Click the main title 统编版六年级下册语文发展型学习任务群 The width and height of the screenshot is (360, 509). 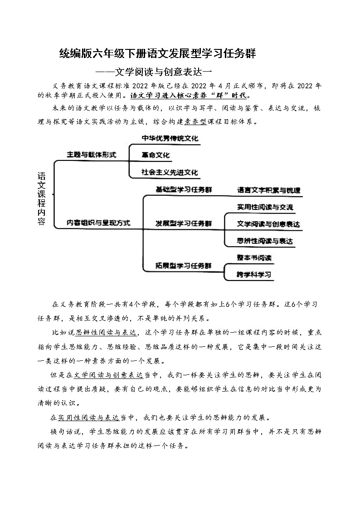[158, 54]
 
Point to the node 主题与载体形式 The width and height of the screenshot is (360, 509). [91, 155]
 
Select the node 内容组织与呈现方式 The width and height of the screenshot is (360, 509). [98, 223]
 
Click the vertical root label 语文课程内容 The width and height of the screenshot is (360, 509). [41, 199]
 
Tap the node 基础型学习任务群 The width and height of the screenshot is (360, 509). [183, 189]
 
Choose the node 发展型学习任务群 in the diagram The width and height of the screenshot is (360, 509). [183, 223]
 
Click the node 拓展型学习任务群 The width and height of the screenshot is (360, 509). [183, 265]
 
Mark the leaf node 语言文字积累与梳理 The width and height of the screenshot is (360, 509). [268, 190]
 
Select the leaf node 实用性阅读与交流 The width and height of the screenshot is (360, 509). [265, 207]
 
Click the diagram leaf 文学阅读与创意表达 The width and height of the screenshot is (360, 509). [268, 224]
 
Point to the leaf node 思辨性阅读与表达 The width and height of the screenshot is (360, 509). [265, 241]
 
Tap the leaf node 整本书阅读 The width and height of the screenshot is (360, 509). [254, 258]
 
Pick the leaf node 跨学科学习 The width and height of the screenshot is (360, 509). [254, 274]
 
